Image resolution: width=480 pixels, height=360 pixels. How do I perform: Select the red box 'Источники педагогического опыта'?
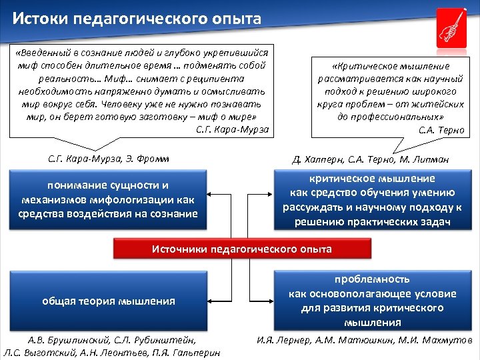click(x=241, y=249)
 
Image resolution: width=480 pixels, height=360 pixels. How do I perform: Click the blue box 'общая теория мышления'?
click(x=108, y=301)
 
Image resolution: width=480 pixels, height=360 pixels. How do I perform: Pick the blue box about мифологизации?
click(x=108, y=199)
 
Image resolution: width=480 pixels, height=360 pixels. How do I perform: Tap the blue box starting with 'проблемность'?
click(x=372, y=301)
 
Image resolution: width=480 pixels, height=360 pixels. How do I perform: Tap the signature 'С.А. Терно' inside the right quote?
click(x=441, y=130)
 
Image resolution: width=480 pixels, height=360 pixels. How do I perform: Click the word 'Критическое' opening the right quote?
click(x=364, y=67)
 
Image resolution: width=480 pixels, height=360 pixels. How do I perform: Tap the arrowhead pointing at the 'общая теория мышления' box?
click(x=209, y=301)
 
